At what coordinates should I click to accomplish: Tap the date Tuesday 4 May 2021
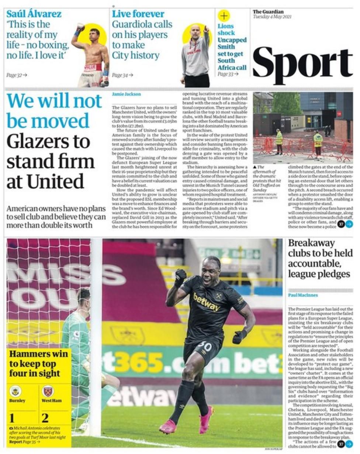(x=272, y=17)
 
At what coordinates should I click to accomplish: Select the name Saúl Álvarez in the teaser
(x=34, y=14)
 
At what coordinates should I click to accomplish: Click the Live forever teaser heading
(x=138, y=14)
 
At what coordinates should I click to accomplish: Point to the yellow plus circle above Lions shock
(x=224, y=16)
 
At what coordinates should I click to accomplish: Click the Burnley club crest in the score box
(x=15, y=391)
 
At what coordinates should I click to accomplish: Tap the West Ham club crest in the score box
(x=48, y=391)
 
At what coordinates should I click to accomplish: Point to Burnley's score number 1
(x=12, y=418)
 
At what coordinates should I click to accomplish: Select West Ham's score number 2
(x=45, y=418)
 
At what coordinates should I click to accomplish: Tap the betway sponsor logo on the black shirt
(x=206, y=302)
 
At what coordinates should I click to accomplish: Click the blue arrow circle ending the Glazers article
(x=349, y=224)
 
